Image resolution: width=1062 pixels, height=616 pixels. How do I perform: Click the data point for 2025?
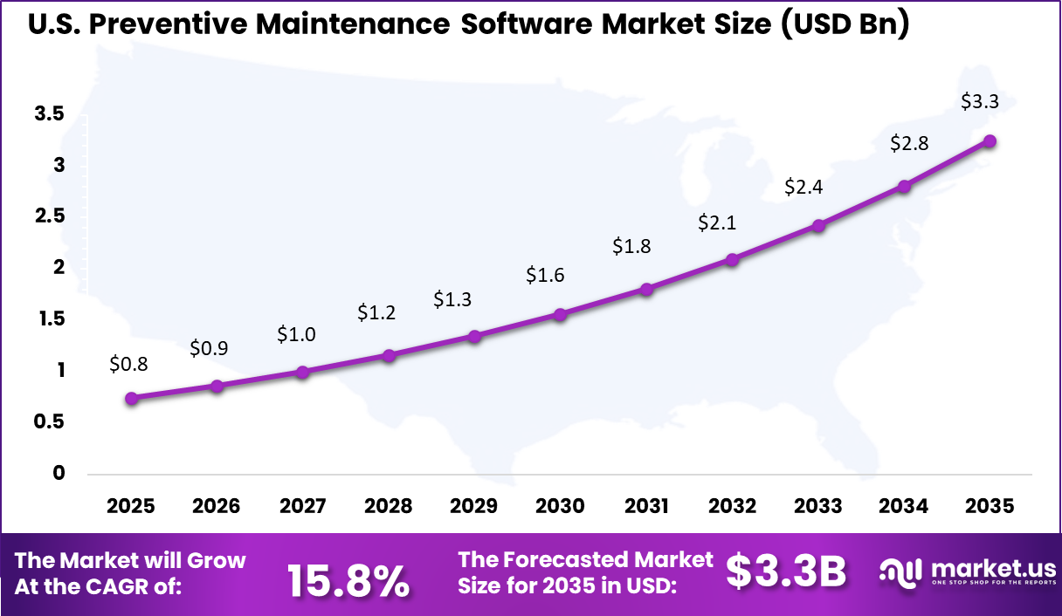[x=131, y=398]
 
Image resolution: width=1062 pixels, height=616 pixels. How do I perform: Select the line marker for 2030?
[x=561, y=314]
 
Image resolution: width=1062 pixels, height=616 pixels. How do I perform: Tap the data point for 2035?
[x=990, y=141]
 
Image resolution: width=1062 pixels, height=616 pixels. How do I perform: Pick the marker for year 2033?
[x=818, y=225]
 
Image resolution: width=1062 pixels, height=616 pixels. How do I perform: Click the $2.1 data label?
[x=717, y=222]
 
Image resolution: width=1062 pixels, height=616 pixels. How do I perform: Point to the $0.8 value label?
[x=128, y=365]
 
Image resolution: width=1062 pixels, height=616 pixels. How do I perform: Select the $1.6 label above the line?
[x=545, y=275]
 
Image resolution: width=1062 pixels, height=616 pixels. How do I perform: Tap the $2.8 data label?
[x=909, y=145]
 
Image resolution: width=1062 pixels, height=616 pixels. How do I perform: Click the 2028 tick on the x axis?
[x=389, y=506]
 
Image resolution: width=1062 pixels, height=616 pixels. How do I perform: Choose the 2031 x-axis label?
[x=646, y=506]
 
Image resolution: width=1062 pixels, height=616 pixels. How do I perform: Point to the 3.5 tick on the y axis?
[x=49, y=113]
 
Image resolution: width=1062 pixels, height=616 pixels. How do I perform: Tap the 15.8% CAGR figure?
[x=348, y=580]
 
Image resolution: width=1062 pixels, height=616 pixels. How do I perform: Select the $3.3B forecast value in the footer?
[x=786, y=572]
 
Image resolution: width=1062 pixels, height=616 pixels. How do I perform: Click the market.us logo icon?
[x=900, y=572]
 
